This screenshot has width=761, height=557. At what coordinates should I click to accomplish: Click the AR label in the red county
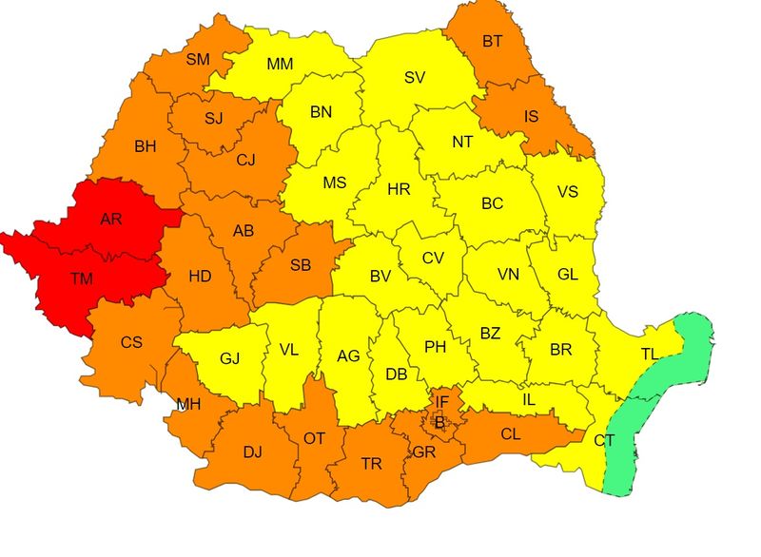point(111,219)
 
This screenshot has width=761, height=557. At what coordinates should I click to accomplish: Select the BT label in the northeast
point(493,41)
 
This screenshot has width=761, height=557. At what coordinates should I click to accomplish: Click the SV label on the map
point(415,78)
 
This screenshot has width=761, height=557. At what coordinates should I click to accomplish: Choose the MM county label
point(280,64)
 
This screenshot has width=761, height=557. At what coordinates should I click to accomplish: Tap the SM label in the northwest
point(198,59)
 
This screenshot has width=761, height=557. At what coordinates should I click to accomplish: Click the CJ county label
point(245,160)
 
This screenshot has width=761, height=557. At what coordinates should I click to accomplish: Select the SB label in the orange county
point(300,265)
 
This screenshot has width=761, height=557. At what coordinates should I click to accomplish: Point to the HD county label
point(200,277)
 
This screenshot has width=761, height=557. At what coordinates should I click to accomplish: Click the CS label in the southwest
point(131,342)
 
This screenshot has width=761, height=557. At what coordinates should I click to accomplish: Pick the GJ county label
point(229,358)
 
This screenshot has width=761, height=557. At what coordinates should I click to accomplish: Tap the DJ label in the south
point(252,451)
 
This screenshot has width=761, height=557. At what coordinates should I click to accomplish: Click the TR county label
point(371,464)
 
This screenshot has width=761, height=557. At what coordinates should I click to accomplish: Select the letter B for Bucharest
point(439,421)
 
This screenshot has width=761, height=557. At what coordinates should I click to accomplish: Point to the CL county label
point(510,434)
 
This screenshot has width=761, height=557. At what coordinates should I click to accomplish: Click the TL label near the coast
point(649,354)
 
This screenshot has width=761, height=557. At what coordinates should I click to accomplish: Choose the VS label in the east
point(568,191)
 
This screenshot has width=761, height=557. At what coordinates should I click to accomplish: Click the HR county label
point(399,189)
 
